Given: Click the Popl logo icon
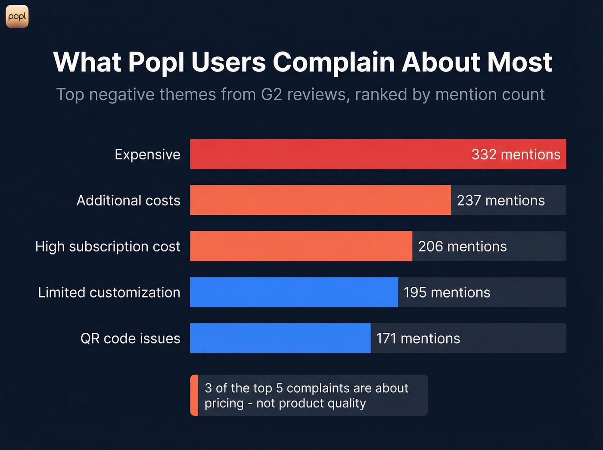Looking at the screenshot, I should tap(17, 16).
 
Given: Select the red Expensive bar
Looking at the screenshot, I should tap(327, 154).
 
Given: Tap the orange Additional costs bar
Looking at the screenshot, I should tap(320, 200).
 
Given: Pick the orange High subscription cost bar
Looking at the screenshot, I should tap(301, 246).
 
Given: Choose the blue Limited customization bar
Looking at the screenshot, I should tap(294, 292).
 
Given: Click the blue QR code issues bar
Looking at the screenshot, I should tap(280, 338).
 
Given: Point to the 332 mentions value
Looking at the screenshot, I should tap(516, 154).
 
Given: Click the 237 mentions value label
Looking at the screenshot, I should tap(500, 200).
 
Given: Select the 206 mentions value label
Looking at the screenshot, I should tap(462, 246).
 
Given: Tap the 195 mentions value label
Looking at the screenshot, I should tap(447, 292).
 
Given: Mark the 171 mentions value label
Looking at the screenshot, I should tap(418, 338).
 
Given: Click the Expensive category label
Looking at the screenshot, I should tap(147, 154).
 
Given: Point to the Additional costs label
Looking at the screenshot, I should tap(128, 200).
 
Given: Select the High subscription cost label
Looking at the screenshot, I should tap(108, 246).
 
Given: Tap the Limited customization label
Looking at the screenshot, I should tap(109, 292).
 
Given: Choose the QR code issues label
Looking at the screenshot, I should tap(130, 338).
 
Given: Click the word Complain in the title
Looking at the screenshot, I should tap(333, 62).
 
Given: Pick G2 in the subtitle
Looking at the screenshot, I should tap(271, 94).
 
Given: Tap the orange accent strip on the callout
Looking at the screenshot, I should tap(194, 395).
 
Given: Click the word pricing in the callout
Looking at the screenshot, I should tap(224, 403).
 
